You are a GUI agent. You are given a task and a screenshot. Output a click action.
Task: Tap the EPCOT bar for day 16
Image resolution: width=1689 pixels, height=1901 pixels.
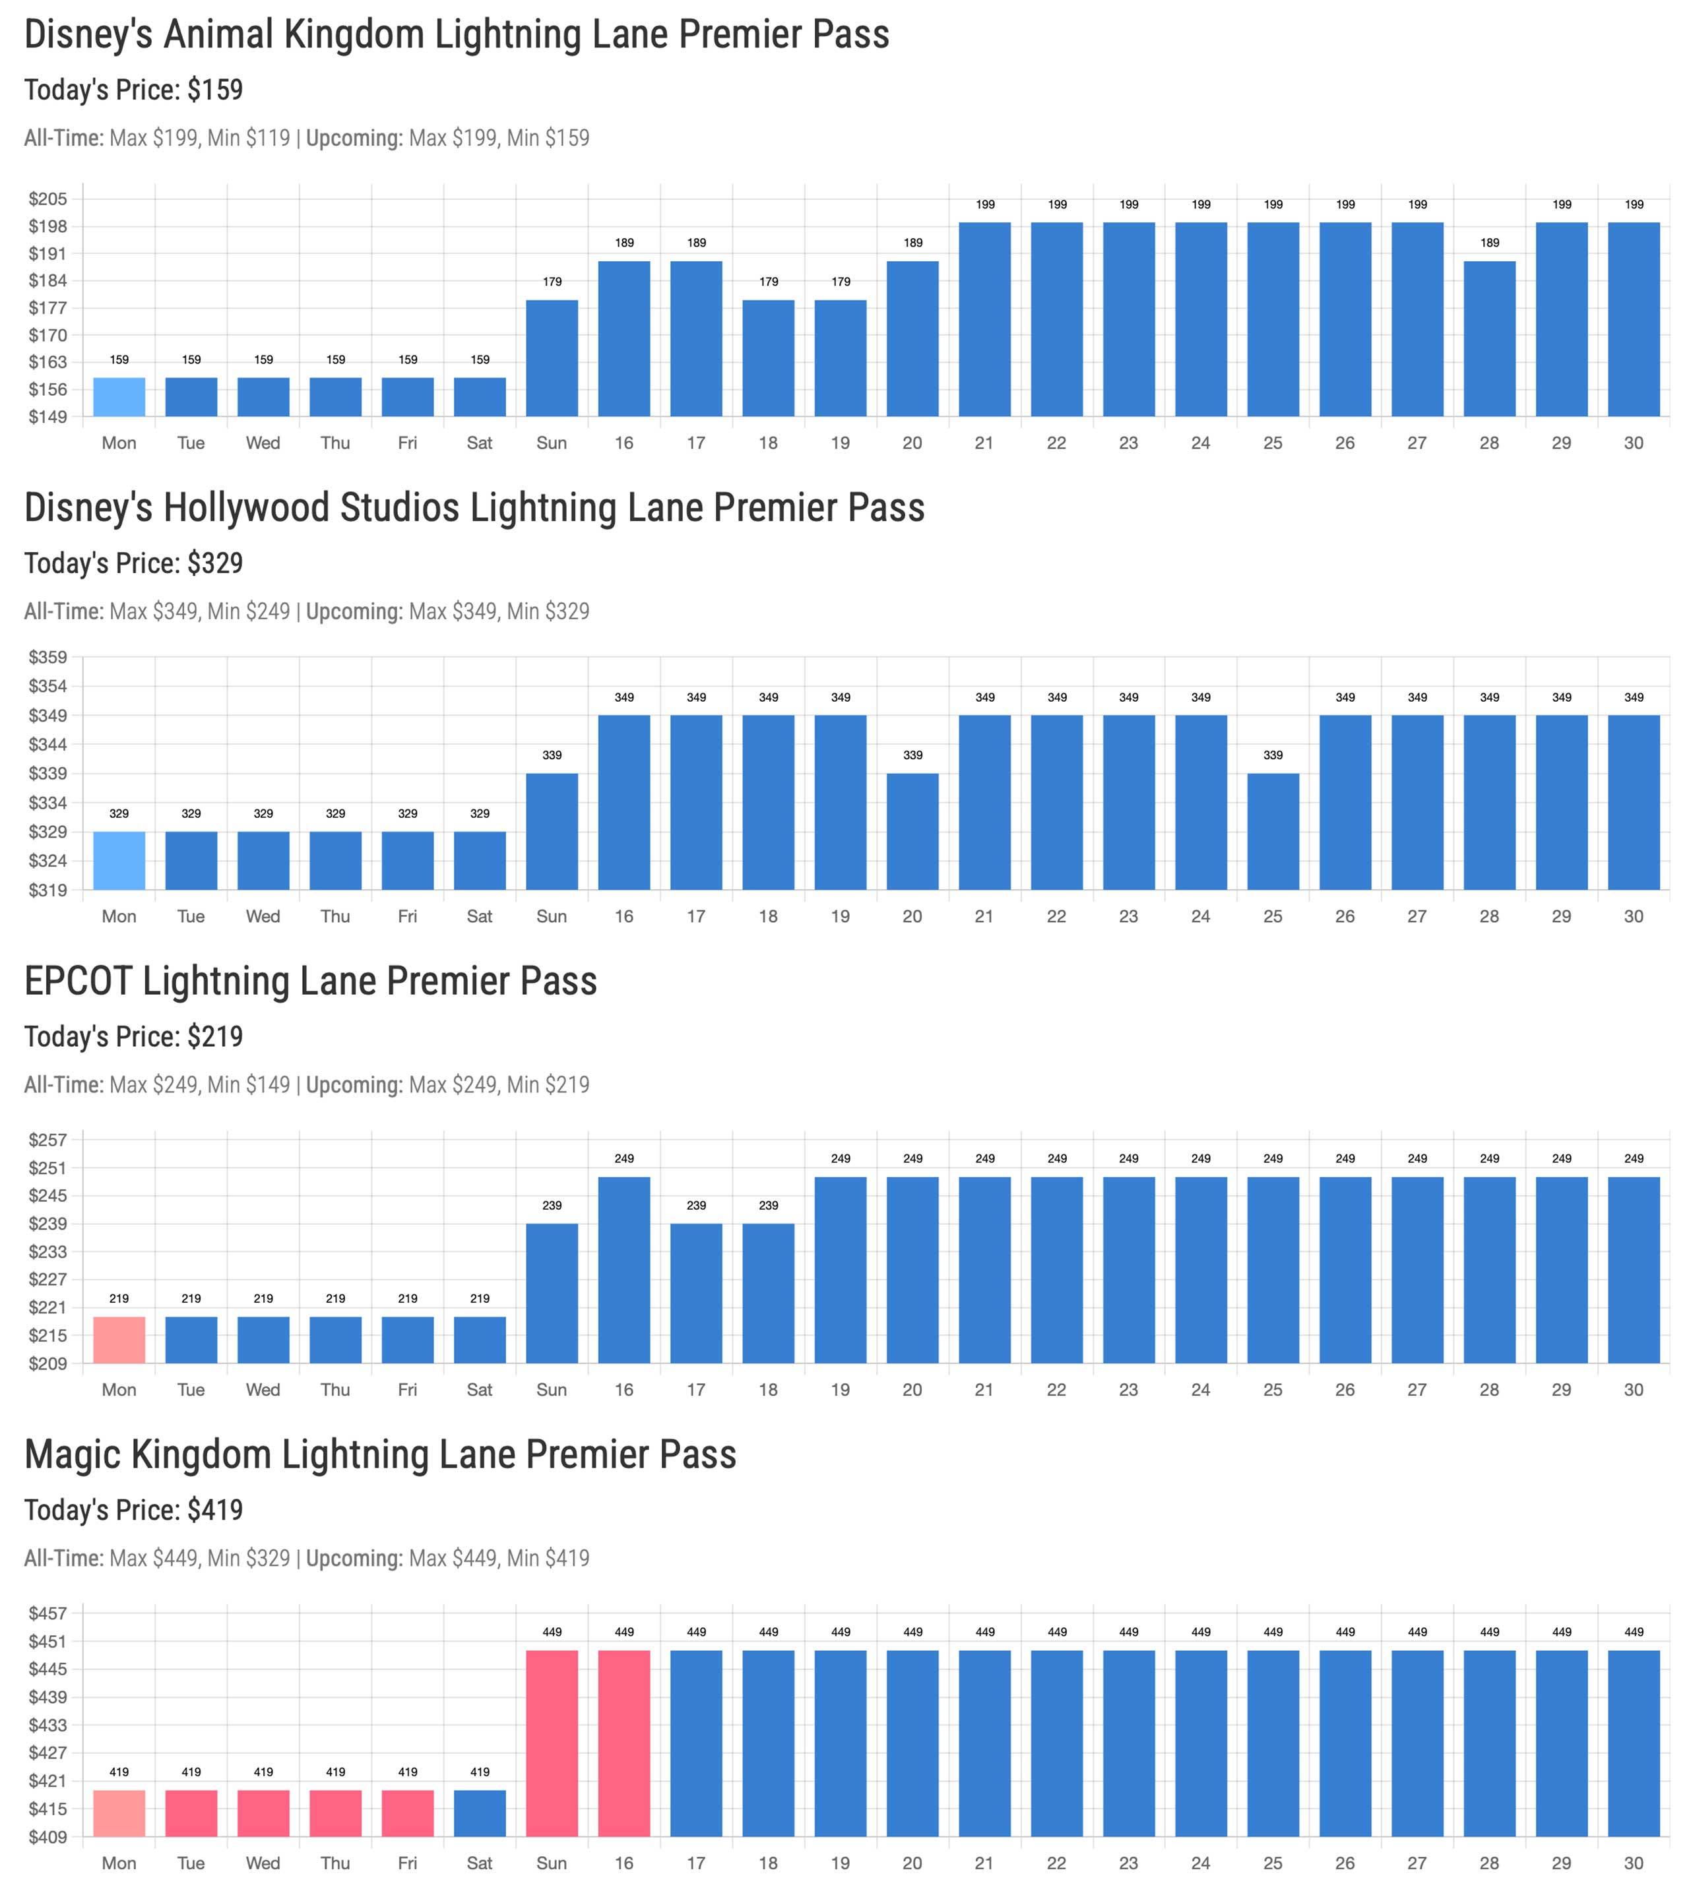[624, 1270]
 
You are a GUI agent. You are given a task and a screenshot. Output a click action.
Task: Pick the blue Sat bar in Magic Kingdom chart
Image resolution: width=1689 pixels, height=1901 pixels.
[480, 1813]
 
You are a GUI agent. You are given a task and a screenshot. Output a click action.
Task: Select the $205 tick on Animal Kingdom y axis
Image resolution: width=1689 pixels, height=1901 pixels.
[48, 199]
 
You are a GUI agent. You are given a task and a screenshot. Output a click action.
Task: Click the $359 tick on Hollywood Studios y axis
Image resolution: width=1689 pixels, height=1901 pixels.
[48, 658]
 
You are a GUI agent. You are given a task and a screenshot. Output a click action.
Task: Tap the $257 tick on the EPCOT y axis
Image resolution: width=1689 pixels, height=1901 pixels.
[48, 1140]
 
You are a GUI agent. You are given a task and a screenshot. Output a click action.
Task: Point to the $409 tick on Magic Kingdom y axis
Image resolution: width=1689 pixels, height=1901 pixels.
[48, 1837]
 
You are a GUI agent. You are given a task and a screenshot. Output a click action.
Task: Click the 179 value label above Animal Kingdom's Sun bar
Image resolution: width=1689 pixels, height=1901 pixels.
[552, 282]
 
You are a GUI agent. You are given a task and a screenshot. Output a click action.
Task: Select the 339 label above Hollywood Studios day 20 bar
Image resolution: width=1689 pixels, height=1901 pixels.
[912, 755]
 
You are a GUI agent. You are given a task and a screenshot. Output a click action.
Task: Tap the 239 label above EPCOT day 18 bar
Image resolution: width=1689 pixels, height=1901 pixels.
[768, 1205]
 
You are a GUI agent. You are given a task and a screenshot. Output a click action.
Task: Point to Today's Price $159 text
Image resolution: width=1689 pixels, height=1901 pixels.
[134, 90]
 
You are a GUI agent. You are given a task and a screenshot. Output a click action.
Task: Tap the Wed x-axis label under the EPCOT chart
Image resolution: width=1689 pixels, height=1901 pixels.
[263, 1390]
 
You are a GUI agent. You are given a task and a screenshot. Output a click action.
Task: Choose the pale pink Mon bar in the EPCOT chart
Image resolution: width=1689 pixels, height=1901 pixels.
[119, 1340]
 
